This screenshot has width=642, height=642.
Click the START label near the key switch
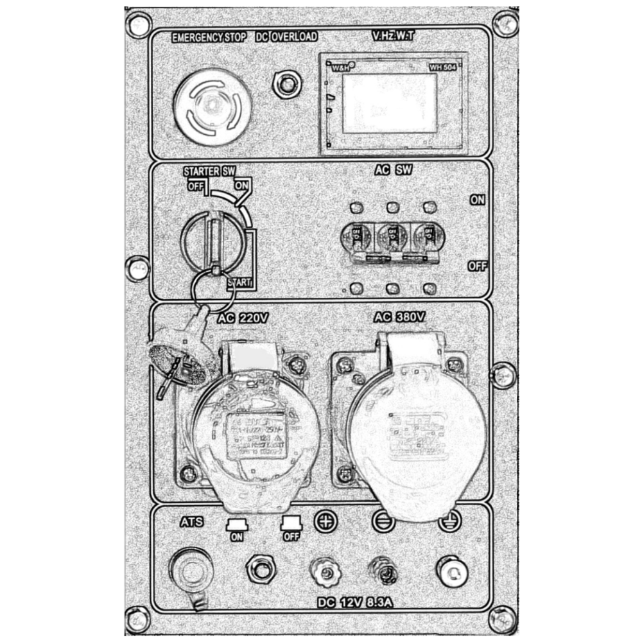[x=238, y=282]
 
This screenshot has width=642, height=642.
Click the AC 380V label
[x=399, y=317]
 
